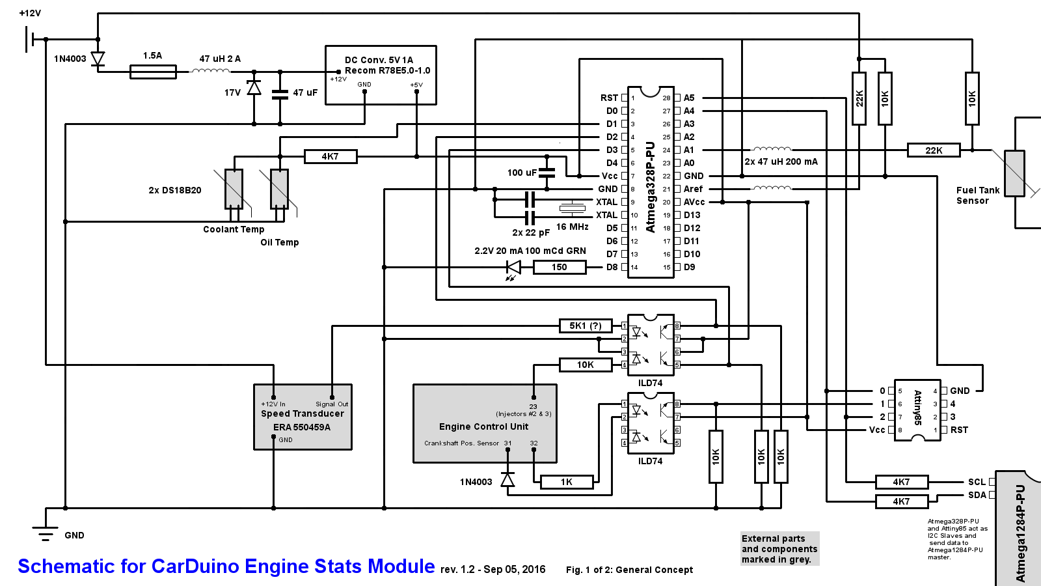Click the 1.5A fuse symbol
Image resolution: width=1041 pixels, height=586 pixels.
(153, 72)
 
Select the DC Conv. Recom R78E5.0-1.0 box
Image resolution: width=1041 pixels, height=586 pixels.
(381, 75)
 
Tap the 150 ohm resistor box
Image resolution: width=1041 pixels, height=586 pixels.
(559, 267)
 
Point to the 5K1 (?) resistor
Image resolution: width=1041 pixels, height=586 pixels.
(586, 326)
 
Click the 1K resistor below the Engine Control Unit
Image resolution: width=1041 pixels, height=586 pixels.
(566, 482)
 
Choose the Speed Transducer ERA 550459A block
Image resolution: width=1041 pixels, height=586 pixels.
(303, 417)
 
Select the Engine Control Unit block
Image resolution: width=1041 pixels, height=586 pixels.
(485, 424)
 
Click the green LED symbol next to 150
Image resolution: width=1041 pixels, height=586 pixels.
(513, 267)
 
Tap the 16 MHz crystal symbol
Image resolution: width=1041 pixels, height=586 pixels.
(572, 208)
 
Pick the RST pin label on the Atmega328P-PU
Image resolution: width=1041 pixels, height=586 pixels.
(609, 98)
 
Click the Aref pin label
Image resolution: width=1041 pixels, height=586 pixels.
(693, 189)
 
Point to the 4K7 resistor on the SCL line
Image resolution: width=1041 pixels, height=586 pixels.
(901, 482)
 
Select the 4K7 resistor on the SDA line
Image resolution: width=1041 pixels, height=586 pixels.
(901, 501)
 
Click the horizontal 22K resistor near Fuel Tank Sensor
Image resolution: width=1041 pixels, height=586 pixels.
(934, 150)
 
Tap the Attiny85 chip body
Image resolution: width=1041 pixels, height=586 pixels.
(917, 410)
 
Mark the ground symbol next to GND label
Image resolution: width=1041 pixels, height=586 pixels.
(46, 531)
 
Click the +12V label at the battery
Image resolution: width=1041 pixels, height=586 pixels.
(30, 13)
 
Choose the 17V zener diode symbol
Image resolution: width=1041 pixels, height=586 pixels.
(254, 88)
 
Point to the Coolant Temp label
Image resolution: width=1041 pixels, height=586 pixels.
(234, 229)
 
